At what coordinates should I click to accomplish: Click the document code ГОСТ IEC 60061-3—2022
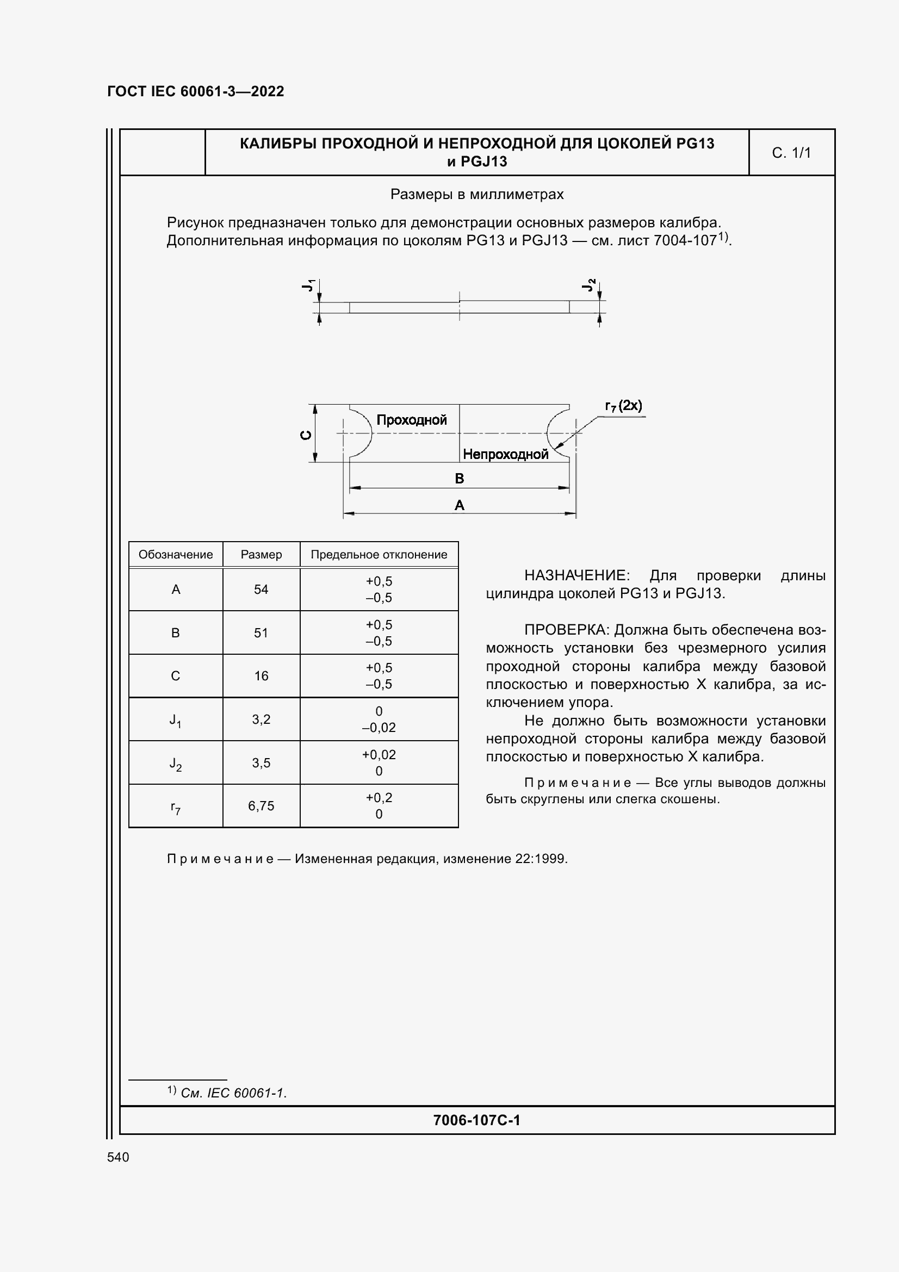click(x=196, y=91)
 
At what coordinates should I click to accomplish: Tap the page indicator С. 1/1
click(x=791, y=153)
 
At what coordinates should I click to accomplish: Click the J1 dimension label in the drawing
click(x=308, y=286)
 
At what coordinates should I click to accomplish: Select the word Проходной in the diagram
click(x=412, y=420)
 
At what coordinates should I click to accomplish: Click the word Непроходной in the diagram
click(x=505, y=454)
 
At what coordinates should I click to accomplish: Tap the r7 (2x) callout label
click(x=623, y=406)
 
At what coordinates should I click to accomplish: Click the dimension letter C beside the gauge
click(x=305, y=435)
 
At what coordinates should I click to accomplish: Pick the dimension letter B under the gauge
click(x=459, y=478)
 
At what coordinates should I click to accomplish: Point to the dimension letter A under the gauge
click(x=459, y=505)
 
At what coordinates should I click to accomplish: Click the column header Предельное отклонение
click(x=379, y=555)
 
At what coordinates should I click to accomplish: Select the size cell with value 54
click(x=261, y=590)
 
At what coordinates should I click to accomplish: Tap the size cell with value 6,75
click(x=261, y=806)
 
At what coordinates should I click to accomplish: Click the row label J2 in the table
click(x=176, y=764)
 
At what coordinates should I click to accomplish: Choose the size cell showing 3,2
click(x=261, y=719)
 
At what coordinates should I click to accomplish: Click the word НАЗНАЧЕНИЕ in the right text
click(x=576, y=575)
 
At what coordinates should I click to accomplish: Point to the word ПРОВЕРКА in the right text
click(x=566, y=630)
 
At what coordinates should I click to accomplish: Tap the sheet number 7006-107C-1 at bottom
click(x=476, y=1120)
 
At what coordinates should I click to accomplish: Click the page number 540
click(x=118, y=1157)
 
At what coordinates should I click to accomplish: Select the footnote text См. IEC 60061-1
click(x=233, y=1093)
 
